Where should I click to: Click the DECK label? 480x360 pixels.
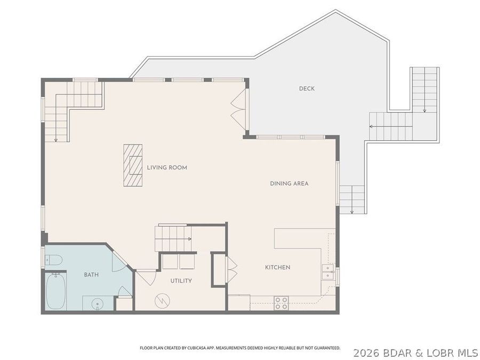point(307,89)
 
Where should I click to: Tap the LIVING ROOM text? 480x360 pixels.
point(167,167)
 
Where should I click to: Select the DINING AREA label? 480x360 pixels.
point(289,183)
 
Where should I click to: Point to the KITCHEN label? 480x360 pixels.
point(278,267)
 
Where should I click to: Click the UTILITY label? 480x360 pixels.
point(181,281)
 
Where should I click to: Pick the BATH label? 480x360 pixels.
point(91,275)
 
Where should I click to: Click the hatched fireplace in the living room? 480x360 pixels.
point(133,165)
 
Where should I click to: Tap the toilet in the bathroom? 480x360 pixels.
point(54,260)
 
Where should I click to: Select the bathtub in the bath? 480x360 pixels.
point(55,291)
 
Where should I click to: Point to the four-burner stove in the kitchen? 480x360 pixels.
point(281,303)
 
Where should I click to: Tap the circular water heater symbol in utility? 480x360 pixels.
point(161,301)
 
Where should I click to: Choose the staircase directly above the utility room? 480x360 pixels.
point(172,238)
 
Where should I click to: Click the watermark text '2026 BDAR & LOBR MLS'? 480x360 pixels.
point(415,353)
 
